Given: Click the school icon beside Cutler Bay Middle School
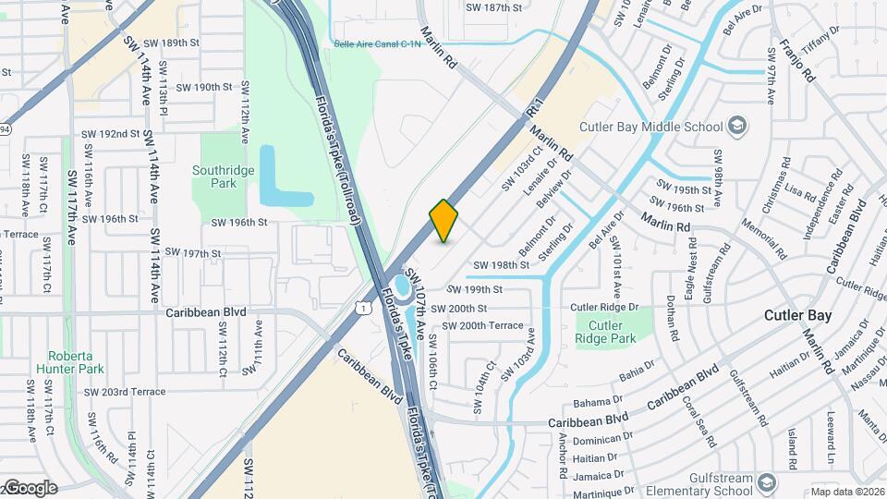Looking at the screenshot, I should coord(737,124).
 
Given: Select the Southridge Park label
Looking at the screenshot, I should coord(215,176).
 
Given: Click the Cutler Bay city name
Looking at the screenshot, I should coord(797,315).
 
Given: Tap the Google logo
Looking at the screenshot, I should coord(30,487).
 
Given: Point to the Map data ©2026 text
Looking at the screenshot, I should coord(846,492).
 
